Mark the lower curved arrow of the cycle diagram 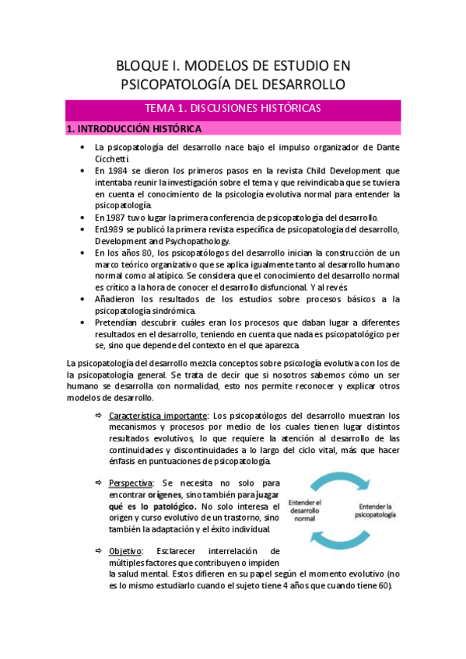[x=345, y=539]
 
